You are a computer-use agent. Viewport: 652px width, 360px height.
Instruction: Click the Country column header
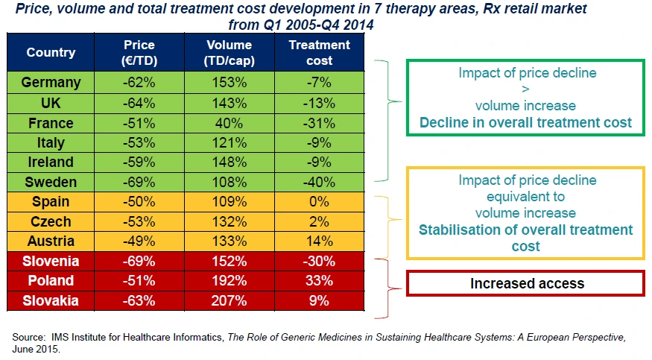(x=51, y=52)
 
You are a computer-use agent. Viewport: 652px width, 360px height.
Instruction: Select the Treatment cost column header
(x=319, y=52)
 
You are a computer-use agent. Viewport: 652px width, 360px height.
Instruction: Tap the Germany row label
(x=51, y=83)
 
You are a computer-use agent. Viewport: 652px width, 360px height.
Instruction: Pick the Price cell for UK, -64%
(x=139, y=103)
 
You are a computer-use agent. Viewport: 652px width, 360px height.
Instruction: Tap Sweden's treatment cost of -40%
(x=319, y=182)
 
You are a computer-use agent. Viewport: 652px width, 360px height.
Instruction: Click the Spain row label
(x=51, y=202)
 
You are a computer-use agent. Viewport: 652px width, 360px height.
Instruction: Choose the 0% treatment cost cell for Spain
(x=319, y=202)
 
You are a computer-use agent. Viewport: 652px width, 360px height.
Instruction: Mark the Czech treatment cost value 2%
(x=319, y=221)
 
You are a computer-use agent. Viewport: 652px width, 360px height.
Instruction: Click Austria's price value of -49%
(x=139, y=241)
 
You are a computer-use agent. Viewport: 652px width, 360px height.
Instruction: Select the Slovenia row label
(x=51, y=261)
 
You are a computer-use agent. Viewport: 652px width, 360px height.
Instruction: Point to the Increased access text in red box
(x=526, y=283)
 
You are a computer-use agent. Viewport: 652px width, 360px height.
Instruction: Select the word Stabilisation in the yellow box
(x=460, y=230)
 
